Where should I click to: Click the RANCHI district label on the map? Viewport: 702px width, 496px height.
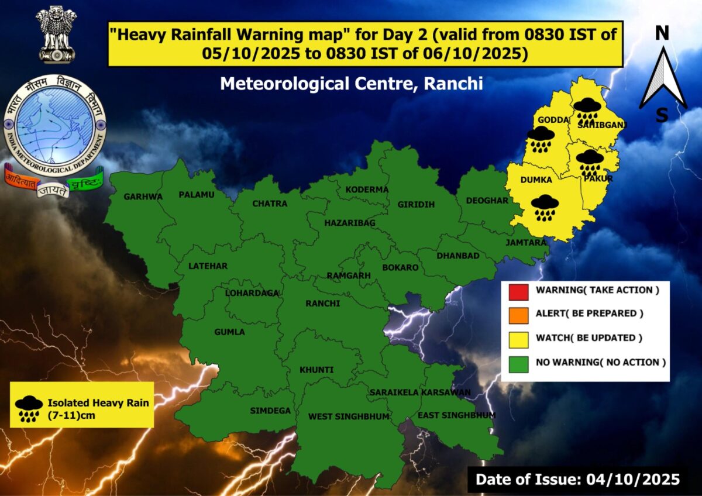(322, 304)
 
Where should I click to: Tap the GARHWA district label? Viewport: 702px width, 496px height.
(143, 197)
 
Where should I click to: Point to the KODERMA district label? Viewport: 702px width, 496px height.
(367, 190)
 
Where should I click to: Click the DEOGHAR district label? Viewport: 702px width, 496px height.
(487, 201)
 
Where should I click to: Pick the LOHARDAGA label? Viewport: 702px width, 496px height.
(252, 293)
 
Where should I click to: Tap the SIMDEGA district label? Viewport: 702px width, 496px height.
(270, 411)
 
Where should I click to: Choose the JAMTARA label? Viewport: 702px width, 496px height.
(526, 242)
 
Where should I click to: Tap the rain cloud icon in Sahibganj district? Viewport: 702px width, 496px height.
(586, 110)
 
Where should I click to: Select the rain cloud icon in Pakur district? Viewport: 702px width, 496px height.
(590, 163)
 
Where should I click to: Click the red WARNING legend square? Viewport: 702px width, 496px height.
(518, 290)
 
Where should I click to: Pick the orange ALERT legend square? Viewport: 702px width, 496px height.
(518, 314)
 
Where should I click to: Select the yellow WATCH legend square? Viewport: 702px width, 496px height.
(518, 338)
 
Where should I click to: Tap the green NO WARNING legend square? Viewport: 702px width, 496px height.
(518, 363)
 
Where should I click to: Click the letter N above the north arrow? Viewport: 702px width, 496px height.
(662, 33)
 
